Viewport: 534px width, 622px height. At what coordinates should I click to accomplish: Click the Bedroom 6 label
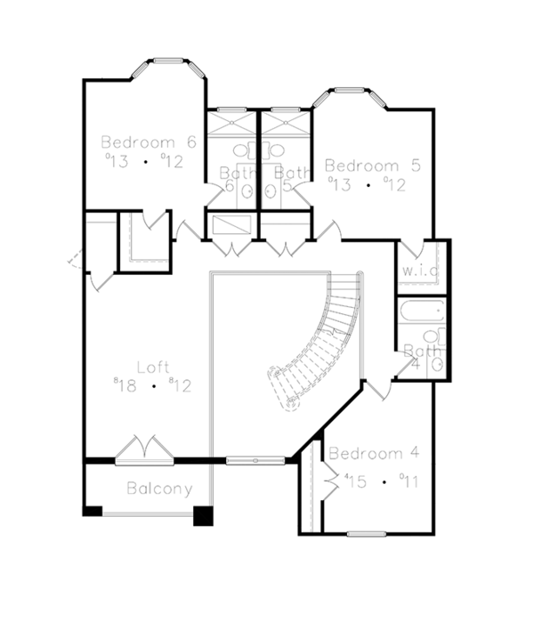(148, 141)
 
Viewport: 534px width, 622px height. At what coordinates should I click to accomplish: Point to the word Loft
(153, 366)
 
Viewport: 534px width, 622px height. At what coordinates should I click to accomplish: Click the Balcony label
(158, 489)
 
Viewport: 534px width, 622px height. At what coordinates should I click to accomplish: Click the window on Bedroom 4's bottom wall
(365, 534)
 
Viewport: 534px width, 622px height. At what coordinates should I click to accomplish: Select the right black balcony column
(204, 515)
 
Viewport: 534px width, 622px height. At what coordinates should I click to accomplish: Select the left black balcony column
(92, 511)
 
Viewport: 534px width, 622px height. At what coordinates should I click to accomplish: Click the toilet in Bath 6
(247, 190)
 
